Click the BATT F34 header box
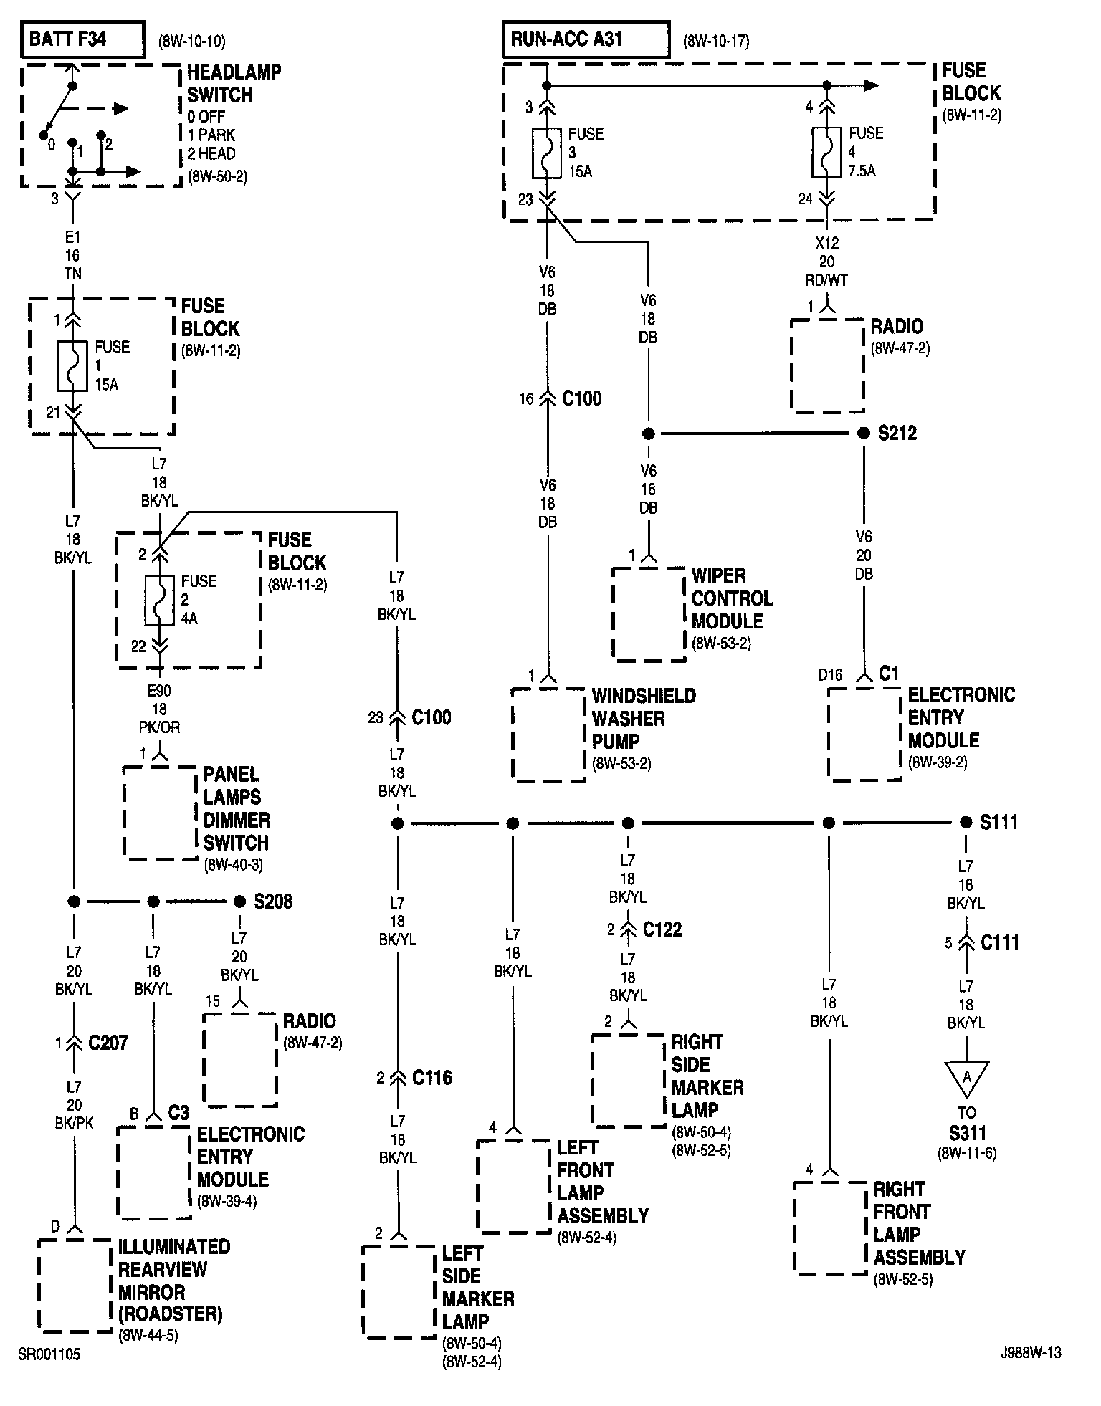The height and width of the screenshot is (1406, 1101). pos(82,39)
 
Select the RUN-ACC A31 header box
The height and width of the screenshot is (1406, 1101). pos(586,39)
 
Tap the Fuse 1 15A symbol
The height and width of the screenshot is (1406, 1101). pos(73,365)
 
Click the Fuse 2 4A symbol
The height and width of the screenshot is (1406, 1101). pos(160,600)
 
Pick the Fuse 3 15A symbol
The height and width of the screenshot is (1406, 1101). pos(547,153)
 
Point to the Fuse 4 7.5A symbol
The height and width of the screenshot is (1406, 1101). pos(826,152)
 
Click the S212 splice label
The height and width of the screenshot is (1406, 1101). pos(897,434)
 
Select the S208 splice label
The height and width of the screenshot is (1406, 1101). pos(273,902)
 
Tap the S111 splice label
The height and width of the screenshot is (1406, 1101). pos(998,822)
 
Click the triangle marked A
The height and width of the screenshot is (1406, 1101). pos(966,1076)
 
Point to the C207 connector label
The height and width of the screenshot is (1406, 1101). pos(108,1043)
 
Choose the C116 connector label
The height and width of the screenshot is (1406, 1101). pos(432,1078)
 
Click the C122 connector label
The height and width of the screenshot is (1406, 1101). pos(662,929)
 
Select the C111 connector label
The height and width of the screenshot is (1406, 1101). pos(999,942)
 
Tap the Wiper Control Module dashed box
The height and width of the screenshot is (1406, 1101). pos(649,613)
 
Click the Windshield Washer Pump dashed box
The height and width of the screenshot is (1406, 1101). pos(549,734)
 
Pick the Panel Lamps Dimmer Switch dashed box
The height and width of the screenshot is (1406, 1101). pos(161,813)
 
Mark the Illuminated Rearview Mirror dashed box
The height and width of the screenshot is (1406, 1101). pos(75,1285)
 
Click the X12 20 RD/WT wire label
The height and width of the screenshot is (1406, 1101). pos(827,262)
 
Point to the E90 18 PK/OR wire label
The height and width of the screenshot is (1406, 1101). pos(160,709)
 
